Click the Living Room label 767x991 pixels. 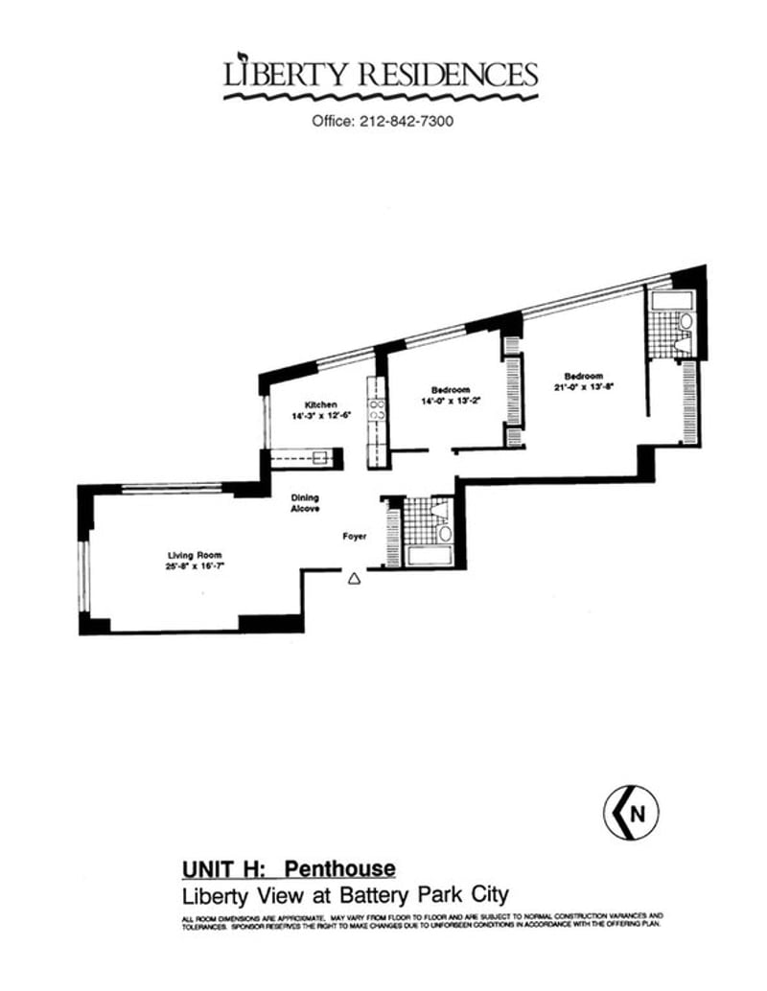[x=189, y=555]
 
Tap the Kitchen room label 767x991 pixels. [x=321, y=404]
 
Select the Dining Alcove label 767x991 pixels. [x=306, y=503]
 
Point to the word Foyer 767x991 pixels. [x=356, y=538]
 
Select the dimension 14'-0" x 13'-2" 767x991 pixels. [x=450, y=402]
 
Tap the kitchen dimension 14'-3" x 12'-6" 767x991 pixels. [x=322, y=416]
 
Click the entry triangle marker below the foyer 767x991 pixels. [x=354, y=578]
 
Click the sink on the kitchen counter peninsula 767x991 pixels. [x=322, y=458]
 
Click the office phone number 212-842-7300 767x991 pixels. [x=407, y=122]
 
